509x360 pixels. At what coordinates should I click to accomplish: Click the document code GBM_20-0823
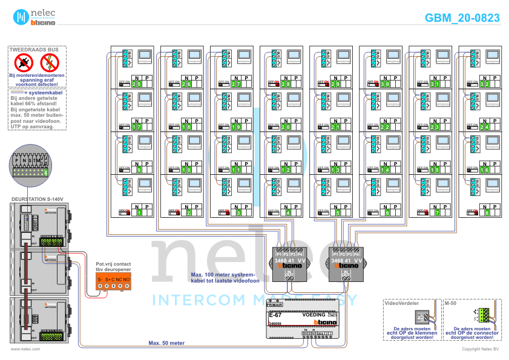pyautogui.click(x=462, y=18)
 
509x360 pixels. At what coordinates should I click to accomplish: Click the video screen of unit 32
pyautogui.click(x=491, y=56)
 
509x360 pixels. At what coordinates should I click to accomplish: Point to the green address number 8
pyautogui.click(x=486, y=213)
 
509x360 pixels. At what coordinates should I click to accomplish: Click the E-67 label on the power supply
pyautogui.click(x=275, y=315)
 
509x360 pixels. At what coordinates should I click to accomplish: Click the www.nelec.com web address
pyautogui.click(x=25, y=349)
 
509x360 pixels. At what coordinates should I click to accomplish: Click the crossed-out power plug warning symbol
pyautogui.click(x=24, y=62)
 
